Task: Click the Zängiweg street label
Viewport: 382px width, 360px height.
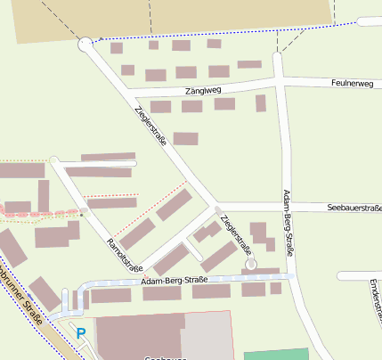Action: tap(203, 90)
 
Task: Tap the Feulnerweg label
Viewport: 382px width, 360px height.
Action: tap(350, 81)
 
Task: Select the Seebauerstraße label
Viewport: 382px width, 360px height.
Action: tap(354, 207)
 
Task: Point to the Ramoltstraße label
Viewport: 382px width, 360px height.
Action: tap(125, 255)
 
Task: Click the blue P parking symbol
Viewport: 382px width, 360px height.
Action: tap(81, 333)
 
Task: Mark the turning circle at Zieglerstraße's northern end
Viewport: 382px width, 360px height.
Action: tap(85, 43)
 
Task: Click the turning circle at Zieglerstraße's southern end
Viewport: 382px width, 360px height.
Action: tap(251, 265)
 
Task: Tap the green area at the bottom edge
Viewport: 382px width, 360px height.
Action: tap(275, 354)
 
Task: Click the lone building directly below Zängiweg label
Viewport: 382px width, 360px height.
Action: tap(185, 138)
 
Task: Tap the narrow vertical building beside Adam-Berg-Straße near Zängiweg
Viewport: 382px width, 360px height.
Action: tap(260, 102)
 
